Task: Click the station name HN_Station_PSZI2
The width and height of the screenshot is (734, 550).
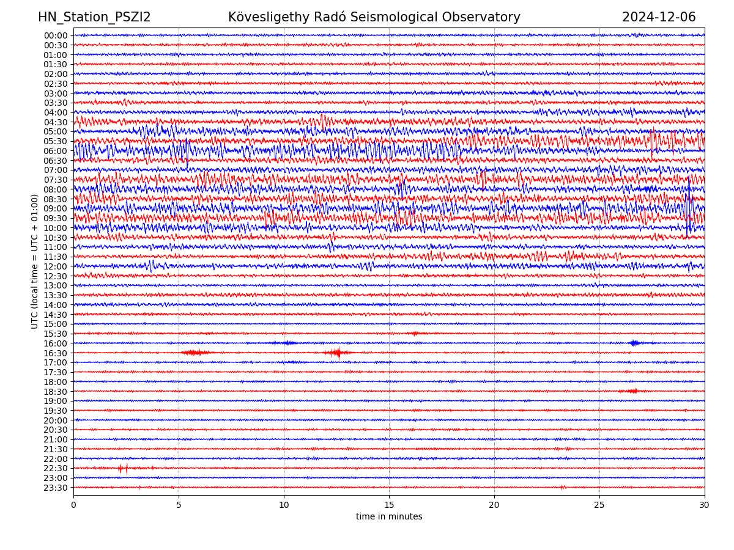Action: tap(94, 18)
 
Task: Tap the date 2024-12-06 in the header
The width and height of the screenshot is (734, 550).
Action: tap(659, 18)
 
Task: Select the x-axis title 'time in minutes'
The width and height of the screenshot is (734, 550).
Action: tap(389, 517)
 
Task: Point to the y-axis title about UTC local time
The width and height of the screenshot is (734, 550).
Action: tap(35, 262)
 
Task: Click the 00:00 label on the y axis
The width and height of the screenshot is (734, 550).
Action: tap(55, 35)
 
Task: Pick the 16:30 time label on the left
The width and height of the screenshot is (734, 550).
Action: tap(55, 353)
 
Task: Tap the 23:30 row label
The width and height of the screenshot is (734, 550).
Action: tap(55, 488)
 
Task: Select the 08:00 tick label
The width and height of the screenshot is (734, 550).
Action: tap(55, 189)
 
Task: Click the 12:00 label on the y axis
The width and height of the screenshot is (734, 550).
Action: tap(55, 266)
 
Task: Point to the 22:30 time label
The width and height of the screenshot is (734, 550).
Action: tap(55, 469)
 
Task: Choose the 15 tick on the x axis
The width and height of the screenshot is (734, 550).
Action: tap(389, 505)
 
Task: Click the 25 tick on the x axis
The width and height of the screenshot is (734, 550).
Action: tap(599, 505)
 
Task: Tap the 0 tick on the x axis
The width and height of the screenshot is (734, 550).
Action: tap(73, 505)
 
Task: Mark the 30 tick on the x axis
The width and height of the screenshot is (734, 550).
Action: tap(705, 505)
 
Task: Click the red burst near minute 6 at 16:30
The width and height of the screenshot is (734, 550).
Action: tap(195, 353)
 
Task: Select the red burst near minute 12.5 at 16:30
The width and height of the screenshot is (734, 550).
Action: tap(337, 353)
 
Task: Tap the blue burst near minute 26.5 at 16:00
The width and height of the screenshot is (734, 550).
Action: tap(634, 343)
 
